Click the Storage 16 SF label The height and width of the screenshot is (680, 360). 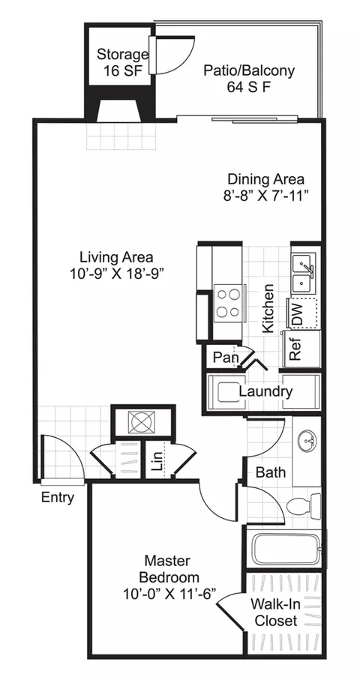122,62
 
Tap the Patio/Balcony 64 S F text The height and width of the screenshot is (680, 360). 249,78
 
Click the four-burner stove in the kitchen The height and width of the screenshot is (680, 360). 229,303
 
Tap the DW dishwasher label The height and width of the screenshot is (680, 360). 298,313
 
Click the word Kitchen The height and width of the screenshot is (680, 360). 268,308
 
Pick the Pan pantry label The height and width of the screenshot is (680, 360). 226,358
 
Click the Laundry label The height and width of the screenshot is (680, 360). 265,391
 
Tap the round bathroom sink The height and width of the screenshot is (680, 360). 307,440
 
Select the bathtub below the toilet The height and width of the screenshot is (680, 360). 286,548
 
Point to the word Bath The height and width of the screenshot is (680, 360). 271,472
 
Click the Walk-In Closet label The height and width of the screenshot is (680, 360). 276,612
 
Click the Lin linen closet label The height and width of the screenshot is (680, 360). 158,460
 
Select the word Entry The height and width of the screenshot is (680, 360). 58,497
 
